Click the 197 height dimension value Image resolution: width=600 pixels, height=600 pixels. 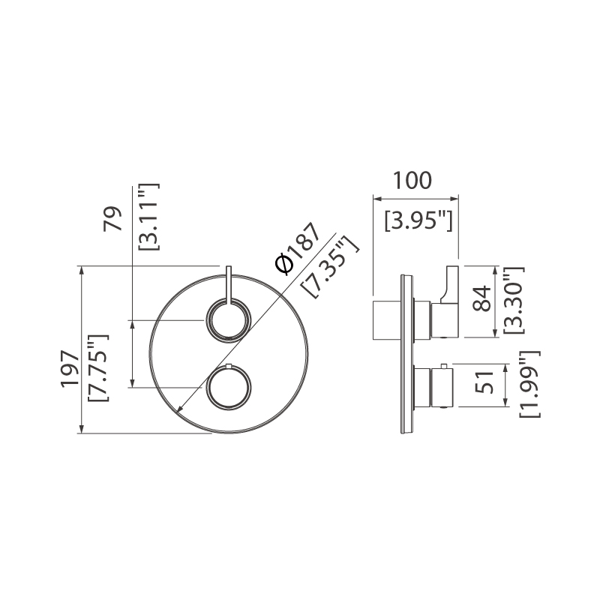tap(70, 369)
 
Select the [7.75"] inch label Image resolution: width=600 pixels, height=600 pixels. tap(99, 368)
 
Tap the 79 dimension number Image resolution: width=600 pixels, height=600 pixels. tap(112, 219)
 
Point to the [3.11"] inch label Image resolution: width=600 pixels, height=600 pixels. tap(148, 217)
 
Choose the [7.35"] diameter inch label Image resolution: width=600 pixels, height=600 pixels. tap(330, 266)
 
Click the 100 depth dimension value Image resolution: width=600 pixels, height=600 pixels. tap(412, 181)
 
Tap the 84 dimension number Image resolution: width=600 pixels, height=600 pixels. tap(481, 298)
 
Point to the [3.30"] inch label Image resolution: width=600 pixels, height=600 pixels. tap(514, 301)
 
